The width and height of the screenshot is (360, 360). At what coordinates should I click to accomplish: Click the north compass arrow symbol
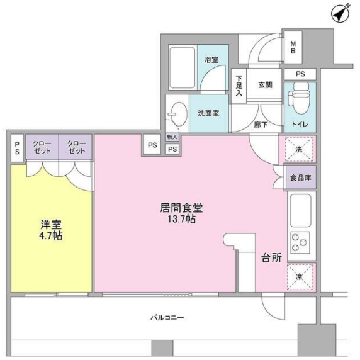[x=340, y=14]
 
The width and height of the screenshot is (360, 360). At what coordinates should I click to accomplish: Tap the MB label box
[x=293, y=48]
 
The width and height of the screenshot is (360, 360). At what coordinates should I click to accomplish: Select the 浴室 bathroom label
[x=211, y=60]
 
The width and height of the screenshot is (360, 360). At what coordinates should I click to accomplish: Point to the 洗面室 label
[x=208, y=114]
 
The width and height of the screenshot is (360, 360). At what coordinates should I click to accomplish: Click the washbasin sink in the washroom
[x=177, y=113]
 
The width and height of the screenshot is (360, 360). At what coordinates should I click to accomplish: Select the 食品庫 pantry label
[x=300, y=178]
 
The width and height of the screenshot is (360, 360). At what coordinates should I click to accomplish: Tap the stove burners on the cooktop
[x=299, y=243]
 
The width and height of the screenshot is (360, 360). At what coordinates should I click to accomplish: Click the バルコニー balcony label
[x=166, y=317]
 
